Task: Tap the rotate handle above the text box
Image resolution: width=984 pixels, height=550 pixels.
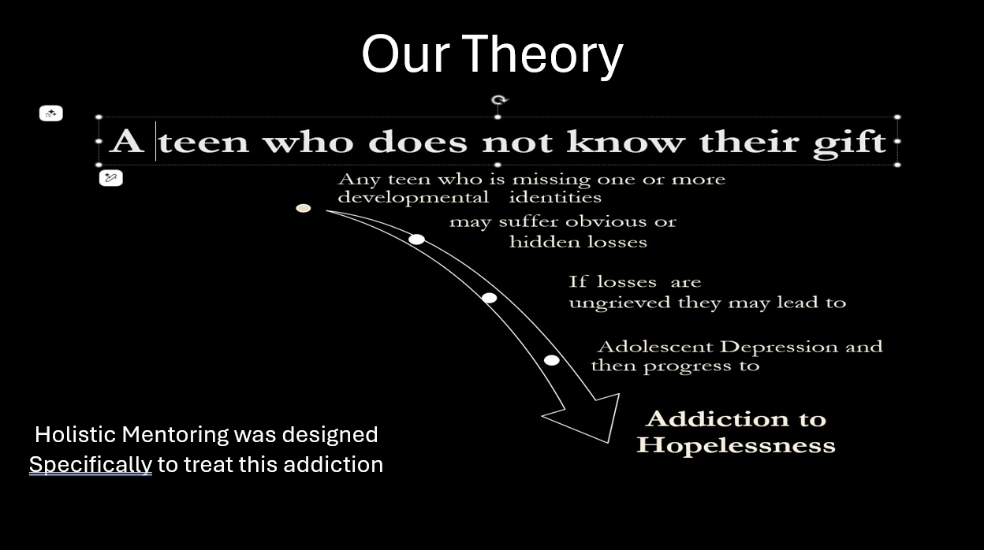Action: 498,101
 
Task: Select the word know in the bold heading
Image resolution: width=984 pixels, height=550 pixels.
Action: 625,141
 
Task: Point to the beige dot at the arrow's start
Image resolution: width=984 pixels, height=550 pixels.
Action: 303,208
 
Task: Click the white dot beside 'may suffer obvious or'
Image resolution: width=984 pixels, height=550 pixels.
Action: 416,240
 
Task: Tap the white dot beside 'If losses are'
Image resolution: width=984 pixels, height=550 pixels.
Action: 489,298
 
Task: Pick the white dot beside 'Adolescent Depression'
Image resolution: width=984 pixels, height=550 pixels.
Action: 552,360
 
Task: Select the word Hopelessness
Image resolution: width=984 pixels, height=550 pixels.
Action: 736,445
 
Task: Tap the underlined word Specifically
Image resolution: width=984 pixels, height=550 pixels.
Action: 91,465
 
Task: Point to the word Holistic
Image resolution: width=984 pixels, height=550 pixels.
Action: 75,434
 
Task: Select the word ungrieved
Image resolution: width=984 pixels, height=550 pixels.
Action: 620,303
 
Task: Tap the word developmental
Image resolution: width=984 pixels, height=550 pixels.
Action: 413,198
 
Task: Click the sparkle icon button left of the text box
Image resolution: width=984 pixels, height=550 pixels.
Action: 51,113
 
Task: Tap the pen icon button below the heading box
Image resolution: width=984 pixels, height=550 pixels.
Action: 110,178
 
